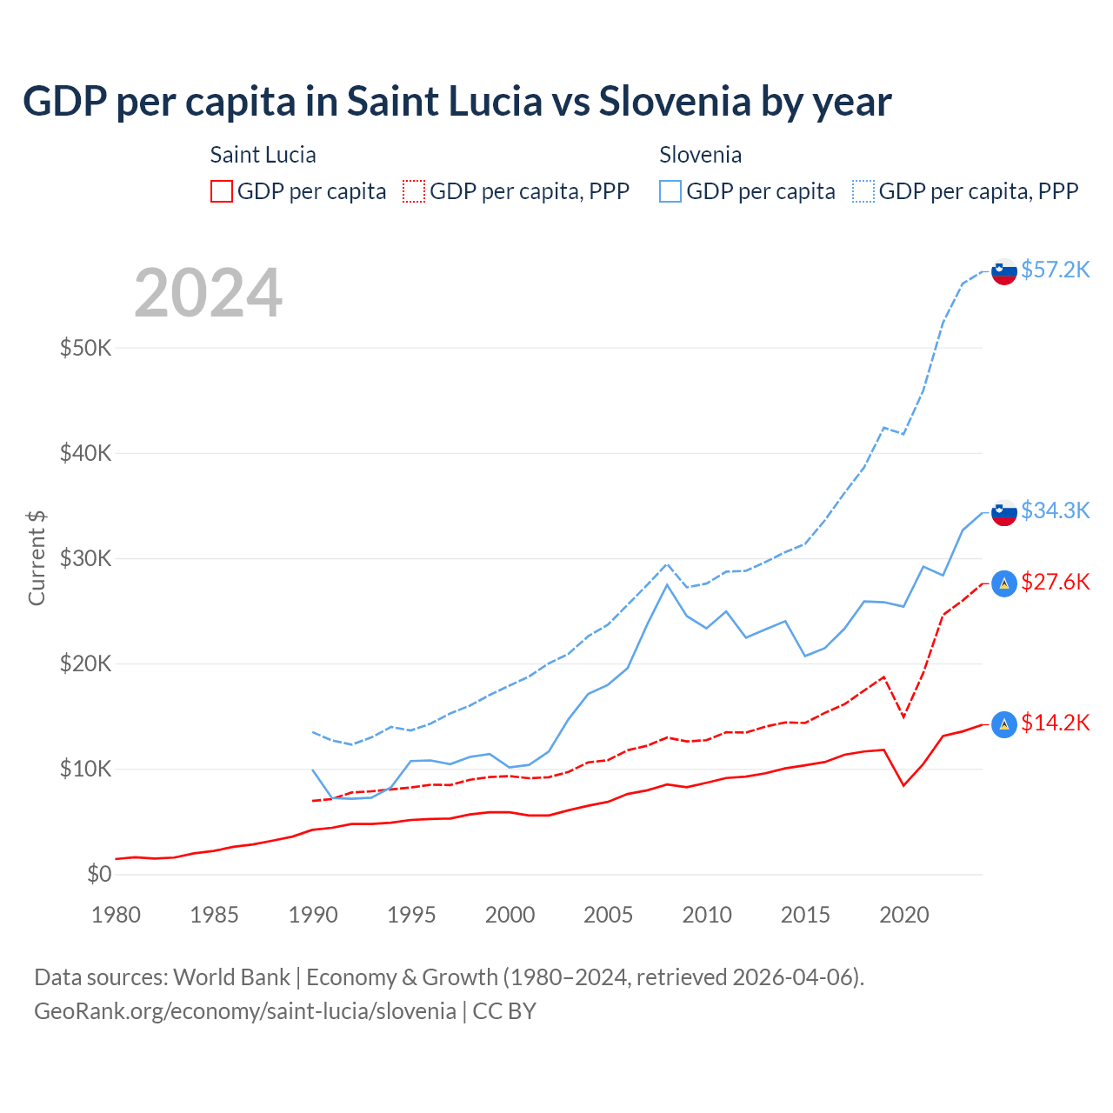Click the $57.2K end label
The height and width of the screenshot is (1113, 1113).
coord(1055,270)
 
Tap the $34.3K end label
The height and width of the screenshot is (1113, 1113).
coord(1055,510)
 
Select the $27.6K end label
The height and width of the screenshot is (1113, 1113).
coord(1055,582)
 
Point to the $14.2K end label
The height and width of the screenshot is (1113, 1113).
coord(1055,723)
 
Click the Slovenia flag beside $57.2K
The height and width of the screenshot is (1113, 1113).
coord(1004,271)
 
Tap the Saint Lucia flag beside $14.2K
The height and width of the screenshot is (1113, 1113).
coord(1004,724)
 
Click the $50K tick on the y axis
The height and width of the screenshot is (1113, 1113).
coord(85,349)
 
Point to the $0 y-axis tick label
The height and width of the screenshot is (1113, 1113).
coord(99,875)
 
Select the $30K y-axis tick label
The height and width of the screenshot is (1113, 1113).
coord(85,559)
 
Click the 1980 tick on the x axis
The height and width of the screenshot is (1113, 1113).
coord(116,915)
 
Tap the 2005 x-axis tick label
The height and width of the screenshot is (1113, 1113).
coord(609,915)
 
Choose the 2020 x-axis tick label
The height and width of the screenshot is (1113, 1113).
coord(904,915)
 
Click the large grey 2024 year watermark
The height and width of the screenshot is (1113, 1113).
coord(209,293)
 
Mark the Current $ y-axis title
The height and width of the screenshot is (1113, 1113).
coord(37,558)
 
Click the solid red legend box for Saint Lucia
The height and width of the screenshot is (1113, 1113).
coord(222,191)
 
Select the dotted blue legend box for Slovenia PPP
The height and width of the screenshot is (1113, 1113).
coord(863,191)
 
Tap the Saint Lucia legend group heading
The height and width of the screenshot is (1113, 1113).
coord(263,155)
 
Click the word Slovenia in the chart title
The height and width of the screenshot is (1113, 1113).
coord(674,101)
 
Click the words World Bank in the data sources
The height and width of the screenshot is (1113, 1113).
coord(231,977)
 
